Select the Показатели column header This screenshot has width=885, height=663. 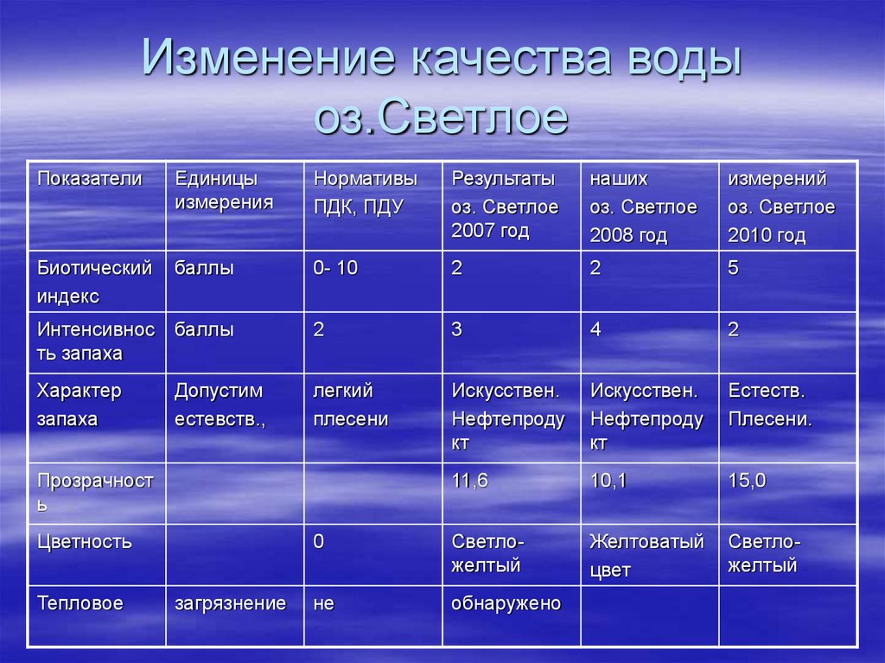click(x=88, y=179)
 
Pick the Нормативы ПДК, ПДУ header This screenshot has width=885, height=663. click(x=365, y=193)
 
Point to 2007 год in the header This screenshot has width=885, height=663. click(x=489, y=232)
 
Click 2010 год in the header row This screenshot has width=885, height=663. click(x=767, y=235)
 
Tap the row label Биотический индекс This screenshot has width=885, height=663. click(x=94, y=282)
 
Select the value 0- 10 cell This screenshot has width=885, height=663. click(x=335, y=269)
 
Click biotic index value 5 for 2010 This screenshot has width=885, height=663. click(x=733, y=269)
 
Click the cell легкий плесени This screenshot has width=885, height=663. click(x=350, y=405)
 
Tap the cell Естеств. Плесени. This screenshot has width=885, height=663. click(x=769, y=405)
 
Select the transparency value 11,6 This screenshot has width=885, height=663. click(x=469, y=481)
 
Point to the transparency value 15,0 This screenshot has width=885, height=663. click(x=747, y=481)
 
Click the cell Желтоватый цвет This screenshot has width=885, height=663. click(x=646, y=555)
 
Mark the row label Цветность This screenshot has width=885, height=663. click(x=84, y=543)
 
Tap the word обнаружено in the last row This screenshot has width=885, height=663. click(x=506, y=603)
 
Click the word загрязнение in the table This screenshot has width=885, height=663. click(x=230, y=603)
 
